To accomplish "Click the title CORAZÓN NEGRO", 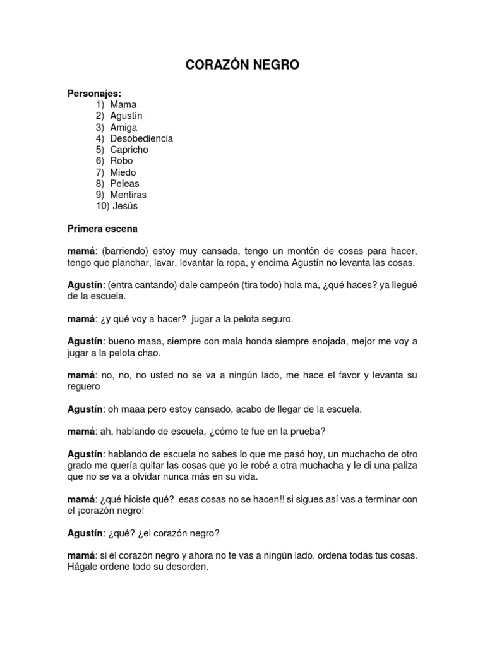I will coord(242,64).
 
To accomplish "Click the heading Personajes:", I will coord(94,93).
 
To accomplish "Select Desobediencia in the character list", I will coord(141,138).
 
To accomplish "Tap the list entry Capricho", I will coord(129,150).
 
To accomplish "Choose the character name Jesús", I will coord(124,206).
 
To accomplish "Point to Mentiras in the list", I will coord(128,195).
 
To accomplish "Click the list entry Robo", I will coord(121,161).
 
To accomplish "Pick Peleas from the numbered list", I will coord(124,183).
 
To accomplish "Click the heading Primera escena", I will coord(103,228).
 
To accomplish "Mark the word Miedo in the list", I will coord(123,172).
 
